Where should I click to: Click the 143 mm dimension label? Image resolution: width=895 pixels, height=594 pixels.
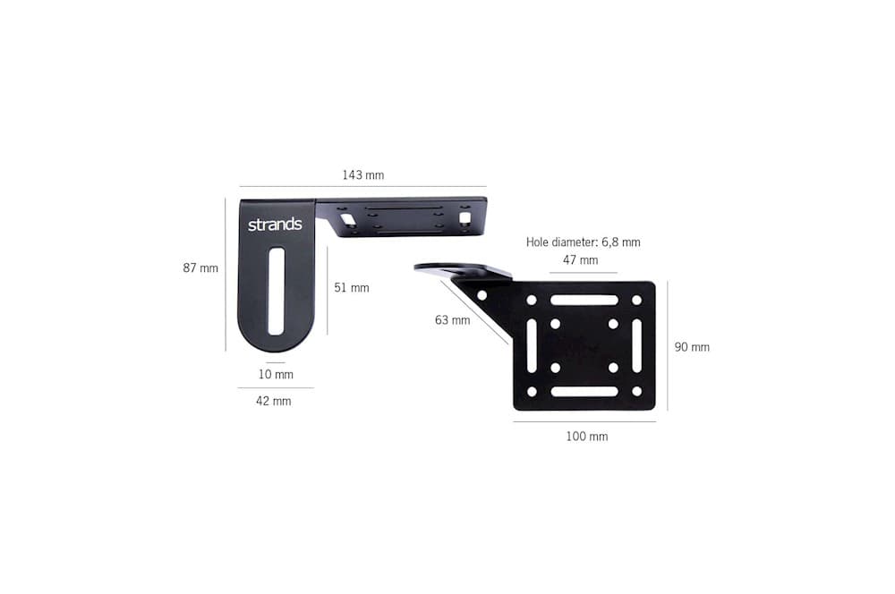363,175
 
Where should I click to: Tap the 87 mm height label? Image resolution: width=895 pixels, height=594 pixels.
200,267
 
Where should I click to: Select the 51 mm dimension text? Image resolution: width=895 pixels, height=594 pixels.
352,287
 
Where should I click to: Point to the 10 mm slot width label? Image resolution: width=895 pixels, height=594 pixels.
276,374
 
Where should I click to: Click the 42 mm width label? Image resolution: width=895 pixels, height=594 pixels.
273,401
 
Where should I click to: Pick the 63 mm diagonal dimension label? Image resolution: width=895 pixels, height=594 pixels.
453,320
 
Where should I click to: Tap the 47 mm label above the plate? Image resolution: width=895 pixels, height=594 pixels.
581,260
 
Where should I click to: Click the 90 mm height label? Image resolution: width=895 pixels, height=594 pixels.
692,347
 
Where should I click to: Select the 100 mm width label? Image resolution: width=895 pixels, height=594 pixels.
587,437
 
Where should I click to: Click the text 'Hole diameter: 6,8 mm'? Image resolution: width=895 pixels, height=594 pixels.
583,242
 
